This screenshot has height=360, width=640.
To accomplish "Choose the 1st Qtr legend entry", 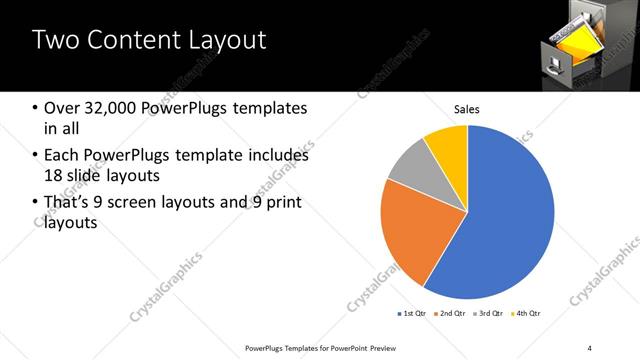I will pyautogui.click(x=414, y=315).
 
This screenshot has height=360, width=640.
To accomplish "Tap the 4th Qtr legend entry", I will pyautogui.click(x=528, y=315).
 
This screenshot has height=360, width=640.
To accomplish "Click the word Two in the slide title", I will pyautogui.click(x=56, y=41).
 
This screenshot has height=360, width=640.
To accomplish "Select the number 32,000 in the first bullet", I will pyautogui.click(x=116, y=108).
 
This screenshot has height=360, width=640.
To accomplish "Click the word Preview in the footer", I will pyautogui.click(x=377, y=348).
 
